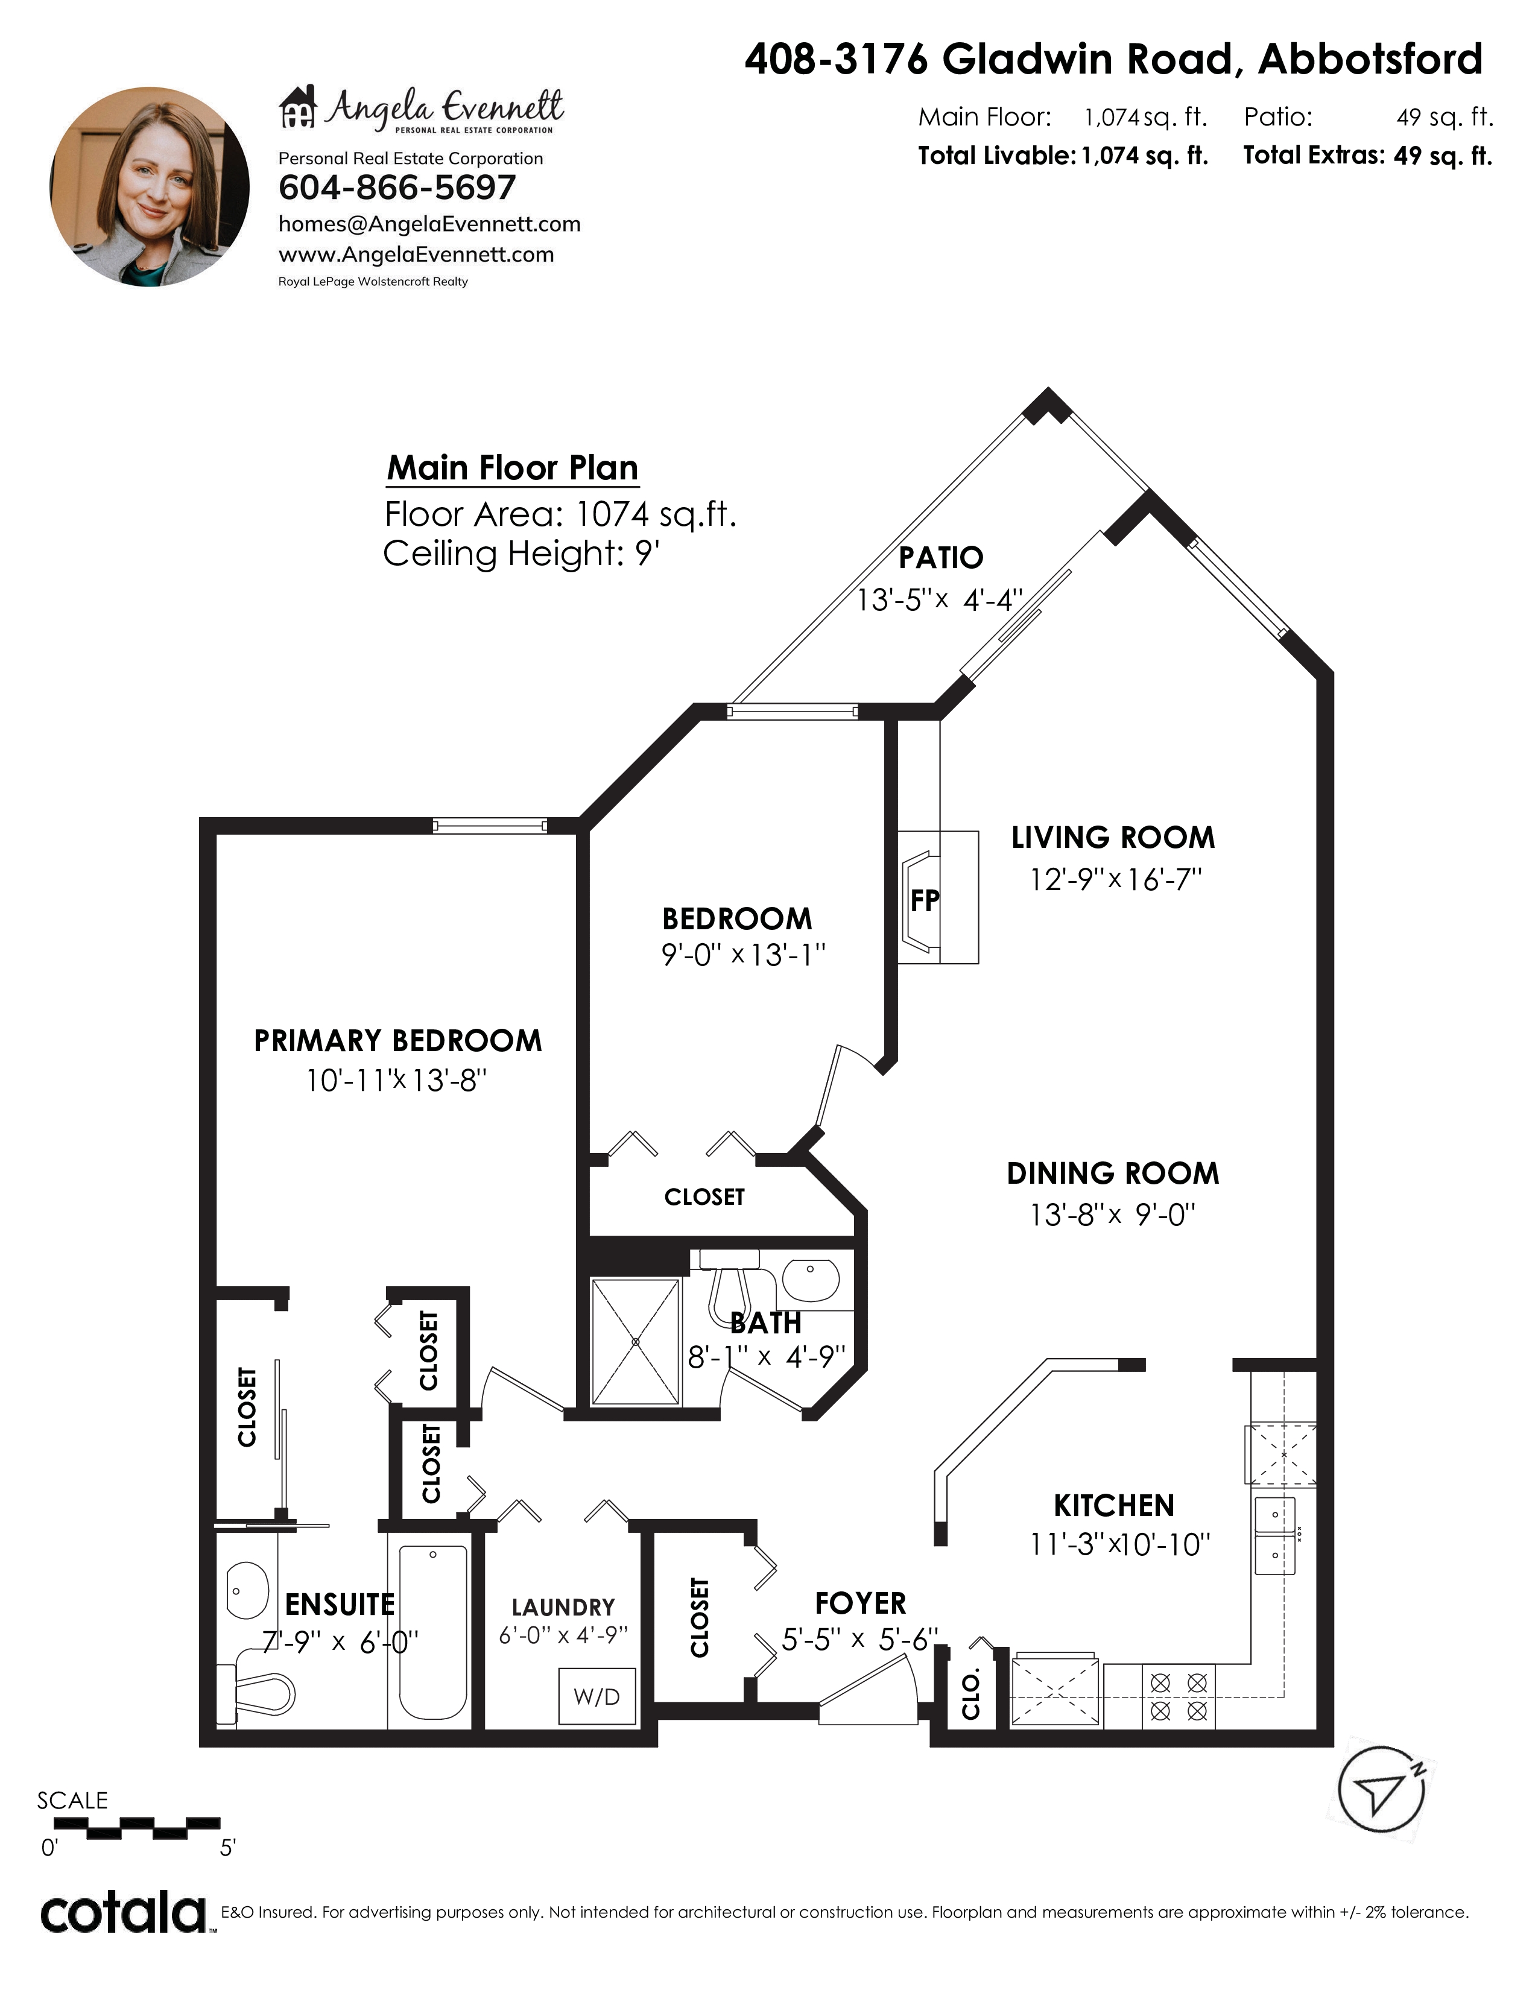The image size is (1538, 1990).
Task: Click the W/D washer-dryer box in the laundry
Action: tap(597, 1696)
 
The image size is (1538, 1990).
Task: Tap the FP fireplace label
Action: tap(924, 901)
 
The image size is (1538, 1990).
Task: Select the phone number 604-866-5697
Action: tap(397, 188)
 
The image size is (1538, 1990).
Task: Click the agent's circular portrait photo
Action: tap(150, 188)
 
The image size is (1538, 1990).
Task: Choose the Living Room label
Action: tap(1113, 838)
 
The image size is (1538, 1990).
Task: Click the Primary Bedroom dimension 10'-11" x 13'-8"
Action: tap(396, 1081)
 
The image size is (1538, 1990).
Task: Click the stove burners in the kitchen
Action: tap(1178, 1696)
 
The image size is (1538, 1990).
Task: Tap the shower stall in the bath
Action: tap(635, 1342)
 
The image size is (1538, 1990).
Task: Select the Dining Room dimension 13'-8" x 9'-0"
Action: tap(1113, 1215)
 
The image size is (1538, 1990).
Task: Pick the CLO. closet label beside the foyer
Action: tap(971, 1694)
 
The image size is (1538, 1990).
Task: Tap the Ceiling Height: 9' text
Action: tap(521, 553)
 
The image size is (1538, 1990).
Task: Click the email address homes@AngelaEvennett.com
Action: tap(429, 224)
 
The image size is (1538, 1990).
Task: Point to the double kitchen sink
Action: tap(1276, 1535)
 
